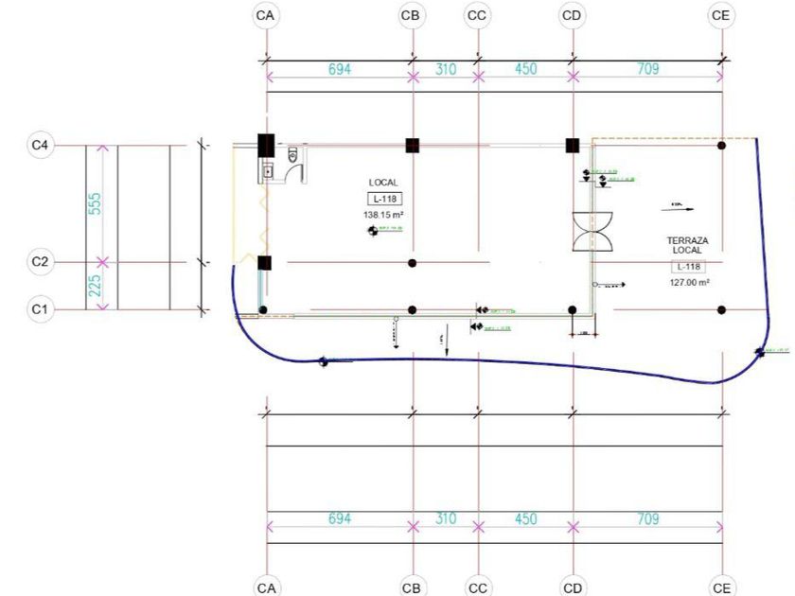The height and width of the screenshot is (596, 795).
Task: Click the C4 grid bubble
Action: click(x=40, y=145)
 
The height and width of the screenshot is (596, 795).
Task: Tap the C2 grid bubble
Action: click(x=40, y=262)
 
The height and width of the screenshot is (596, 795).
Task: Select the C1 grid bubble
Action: click(x=40, y=308)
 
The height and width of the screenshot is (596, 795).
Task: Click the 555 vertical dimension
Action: click(x=95, y=203)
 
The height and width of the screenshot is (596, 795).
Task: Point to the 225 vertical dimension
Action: click(x=95, y=285)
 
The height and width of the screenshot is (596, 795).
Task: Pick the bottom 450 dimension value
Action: click(x=525, y=519)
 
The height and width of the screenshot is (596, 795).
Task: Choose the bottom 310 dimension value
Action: click(x=445, y=519)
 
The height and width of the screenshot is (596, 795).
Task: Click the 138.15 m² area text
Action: click(x=384, y=216)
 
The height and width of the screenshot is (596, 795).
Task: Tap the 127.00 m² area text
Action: click(x=690, y=282)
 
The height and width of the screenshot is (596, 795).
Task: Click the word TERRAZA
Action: click(x=687, y=241)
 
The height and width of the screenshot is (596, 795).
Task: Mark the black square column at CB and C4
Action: click(x=413, y=145)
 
